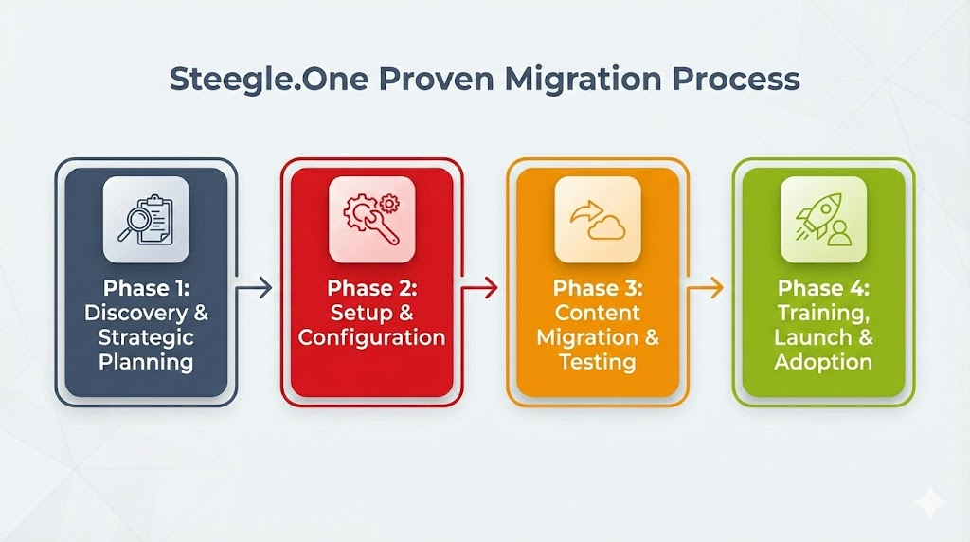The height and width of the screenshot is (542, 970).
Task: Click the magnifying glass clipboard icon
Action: [146, 220]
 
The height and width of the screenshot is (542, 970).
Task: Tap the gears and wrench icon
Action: [371, 220]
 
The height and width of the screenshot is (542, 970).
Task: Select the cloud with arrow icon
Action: [597, 220]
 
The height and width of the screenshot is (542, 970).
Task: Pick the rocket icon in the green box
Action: [822, 220]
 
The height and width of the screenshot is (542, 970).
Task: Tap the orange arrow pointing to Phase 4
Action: [705, 287]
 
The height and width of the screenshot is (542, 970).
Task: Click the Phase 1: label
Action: [146, 288]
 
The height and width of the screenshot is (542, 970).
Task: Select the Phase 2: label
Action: [371, 288]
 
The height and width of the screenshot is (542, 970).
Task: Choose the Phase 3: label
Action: [597, 288]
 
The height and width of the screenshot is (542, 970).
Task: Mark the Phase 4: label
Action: [822, 288]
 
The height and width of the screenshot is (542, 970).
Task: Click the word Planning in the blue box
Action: [146, 362]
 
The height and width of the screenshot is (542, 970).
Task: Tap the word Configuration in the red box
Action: [371, 337]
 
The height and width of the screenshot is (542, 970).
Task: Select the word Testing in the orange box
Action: [597, 362]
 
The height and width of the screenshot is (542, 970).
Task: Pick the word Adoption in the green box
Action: [822, 362]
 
